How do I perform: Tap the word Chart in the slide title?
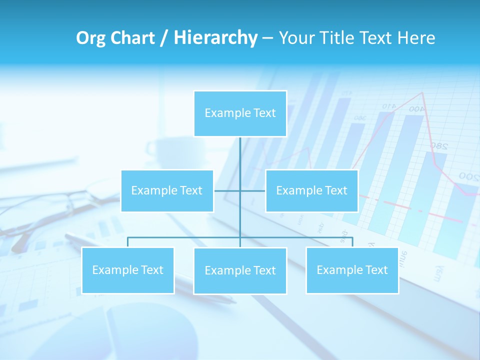pyautogui.click(x=132, y=38)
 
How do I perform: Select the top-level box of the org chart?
pyautogui.click(x=240, y=113)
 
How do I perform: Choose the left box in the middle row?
pyautogui.click(x=167, y=190)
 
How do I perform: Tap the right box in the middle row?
pyautogui.click(x=311, y=190)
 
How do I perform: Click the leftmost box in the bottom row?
pyautogui.click(x=127, y=270)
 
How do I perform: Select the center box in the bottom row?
pyautogui.click(x=240, y=271)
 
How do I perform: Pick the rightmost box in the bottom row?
pyautogui.click(x=352, y=270)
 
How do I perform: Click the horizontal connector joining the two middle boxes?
pyautogui.click(x=227, y=190)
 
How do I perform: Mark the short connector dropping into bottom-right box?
pyautogui.click(x=352, y=242)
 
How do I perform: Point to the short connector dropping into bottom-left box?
pyautogui.click(x=127, y=242)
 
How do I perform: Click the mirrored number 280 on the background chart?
pyautogui.click(x=437, y=146)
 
